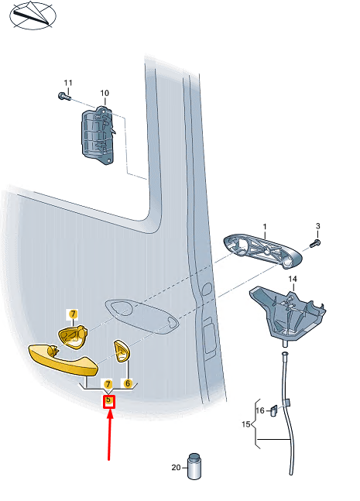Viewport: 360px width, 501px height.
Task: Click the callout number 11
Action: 68,83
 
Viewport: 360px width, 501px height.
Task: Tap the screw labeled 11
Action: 64,95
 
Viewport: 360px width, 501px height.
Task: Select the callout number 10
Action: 105,93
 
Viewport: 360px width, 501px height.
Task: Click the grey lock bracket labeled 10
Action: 98,136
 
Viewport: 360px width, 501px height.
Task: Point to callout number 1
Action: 265,227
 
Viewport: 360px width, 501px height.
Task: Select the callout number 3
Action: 318,226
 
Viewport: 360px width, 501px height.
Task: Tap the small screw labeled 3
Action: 315,243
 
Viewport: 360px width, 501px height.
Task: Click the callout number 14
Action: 293,279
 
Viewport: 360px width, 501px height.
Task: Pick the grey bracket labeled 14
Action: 287,314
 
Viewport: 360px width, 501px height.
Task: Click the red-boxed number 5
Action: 108,400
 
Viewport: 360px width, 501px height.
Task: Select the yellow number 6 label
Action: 128,383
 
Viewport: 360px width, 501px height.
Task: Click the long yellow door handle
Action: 63,359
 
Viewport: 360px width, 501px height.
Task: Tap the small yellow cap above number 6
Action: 122,351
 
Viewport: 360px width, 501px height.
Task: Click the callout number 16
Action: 260,410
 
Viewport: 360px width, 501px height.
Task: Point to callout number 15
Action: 245,424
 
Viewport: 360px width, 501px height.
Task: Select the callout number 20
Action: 176,468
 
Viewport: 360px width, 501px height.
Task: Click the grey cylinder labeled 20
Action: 194,466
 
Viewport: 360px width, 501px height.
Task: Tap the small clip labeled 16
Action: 274,410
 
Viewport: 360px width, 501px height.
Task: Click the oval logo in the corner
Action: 33,15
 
